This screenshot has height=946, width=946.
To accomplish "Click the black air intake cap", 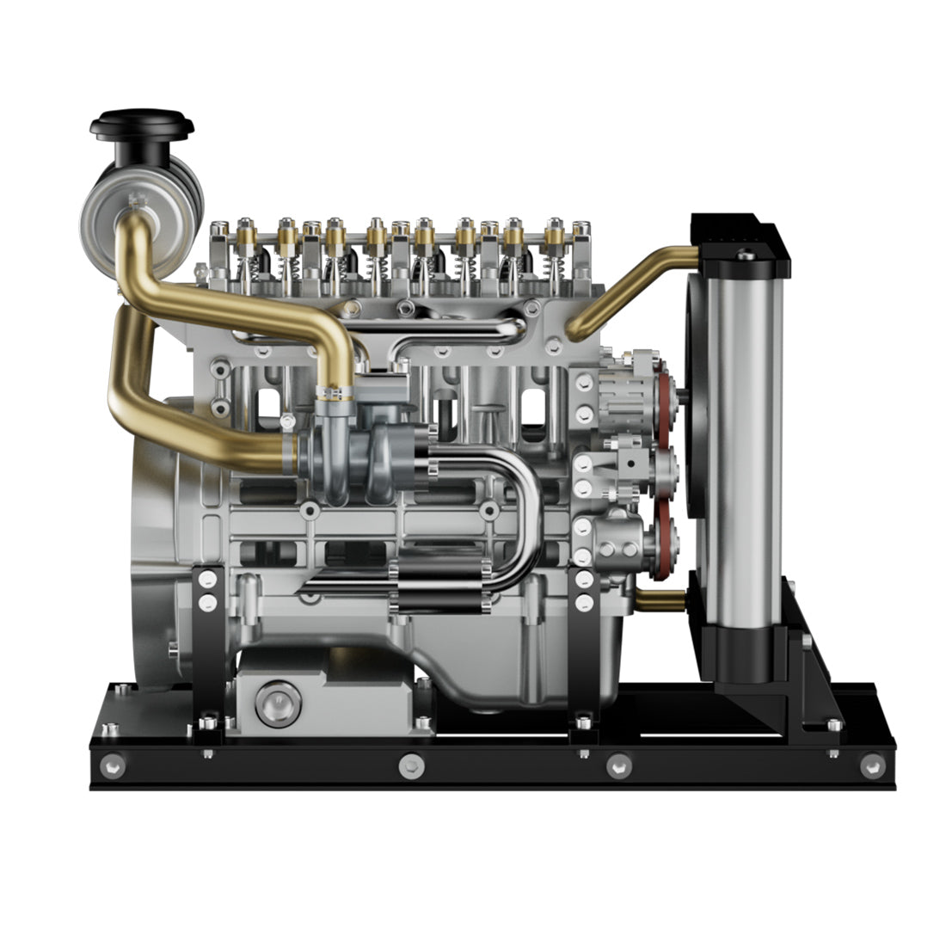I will click(x=141, y=125).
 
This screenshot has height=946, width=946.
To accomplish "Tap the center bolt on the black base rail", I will click(x=411, y=763).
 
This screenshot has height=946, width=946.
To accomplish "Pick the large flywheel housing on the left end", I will click(x=159, y=550).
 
